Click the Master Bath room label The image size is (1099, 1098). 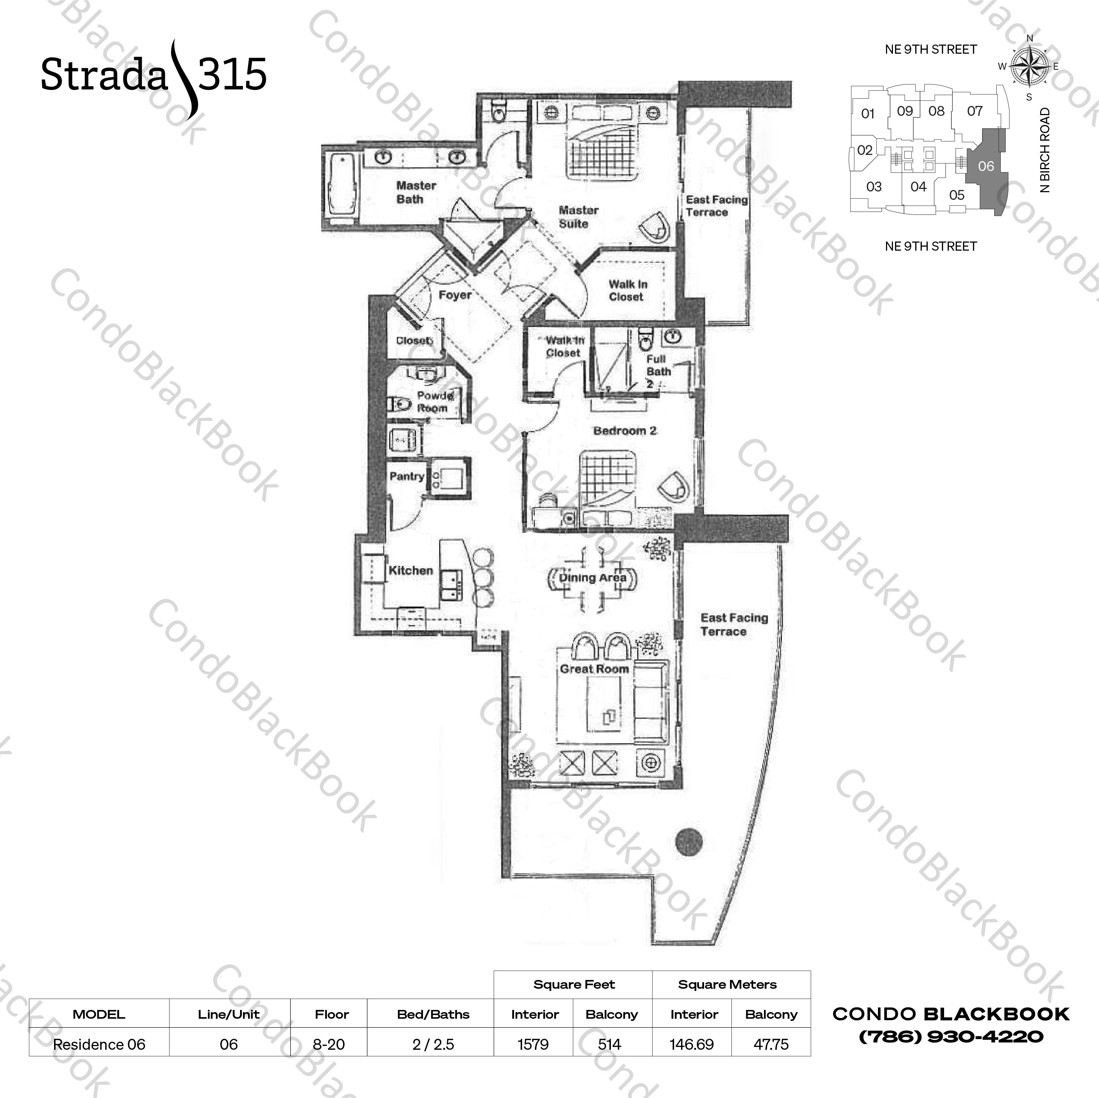coord(415,192)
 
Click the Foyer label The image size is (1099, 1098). coord(455,295)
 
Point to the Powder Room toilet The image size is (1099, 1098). coord(399,404)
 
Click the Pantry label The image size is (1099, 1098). coord(406,476)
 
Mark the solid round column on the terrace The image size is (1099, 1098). coord(689,841)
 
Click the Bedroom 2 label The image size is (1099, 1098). coord(624,431)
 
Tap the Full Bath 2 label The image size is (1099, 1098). coord(658,371)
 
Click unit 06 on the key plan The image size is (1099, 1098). coord(986,166)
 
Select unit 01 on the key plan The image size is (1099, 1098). coord(867,114)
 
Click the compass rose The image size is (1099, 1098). coord(1029,67)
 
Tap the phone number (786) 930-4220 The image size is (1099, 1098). coord(951,1037)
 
